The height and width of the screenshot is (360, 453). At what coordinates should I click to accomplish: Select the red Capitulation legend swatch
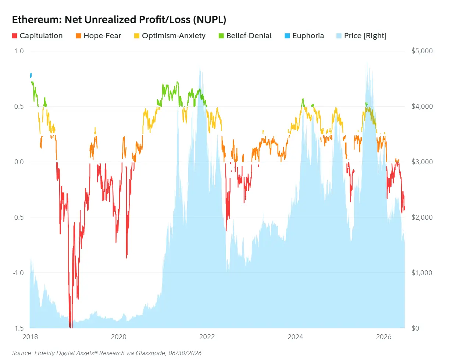point(14,36)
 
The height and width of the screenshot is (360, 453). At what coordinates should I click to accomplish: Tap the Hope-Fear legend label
point(102,36)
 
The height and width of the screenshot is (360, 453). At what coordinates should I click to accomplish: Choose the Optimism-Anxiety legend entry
point(170,36)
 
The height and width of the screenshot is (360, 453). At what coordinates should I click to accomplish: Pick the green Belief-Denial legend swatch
point(221,36)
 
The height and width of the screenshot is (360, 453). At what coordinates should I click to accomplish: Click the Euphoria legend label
point(308,36)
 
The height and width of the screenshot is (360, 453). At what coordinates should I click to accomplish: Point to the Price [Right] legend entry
point(361,36)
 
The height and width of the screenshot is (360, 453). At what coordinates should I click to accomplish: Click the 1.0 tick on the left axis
point(19,51)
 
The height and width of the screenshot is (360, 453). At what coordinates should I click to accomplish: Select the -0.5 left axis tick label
point(18,217)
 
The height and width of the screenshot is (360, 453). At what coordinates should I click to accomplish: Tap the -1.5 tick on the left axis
point(18,328)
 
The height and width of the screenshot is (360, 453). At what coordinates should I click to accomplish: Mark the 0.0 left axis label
point(19,162)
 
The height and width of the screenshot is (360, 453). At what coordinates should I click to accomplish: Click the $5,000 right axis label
point(422,51)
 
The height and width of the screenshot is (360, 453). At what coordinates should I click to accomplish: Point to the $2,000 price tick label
point(422,217)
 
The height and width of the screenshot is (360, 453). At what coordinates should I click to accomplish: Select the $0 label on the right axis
point(415,328)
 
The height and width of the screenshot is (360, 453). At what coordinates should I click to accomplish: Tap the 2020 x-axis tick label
point(119,337)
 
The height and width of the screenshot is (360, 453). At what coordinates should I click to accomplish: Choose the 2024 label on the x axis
point(295,337)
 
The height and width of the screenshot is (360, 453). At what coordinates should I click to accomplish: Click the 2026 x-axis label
point(384,337)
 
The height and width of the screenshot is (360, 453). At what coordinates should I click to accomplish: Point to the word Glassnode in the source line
point(150,353)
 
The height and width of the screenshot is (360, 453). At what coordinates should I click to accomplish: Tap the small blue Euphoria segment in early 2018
point(31,75)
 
